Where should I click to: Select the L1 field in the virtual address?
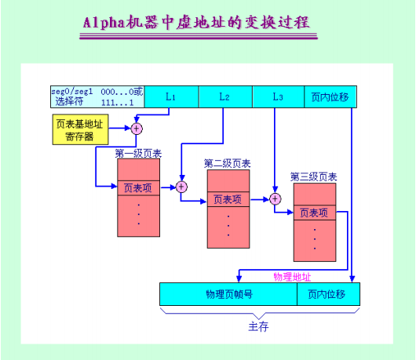pos(170,96)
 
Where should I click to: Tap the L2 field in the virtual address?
pos(224,96)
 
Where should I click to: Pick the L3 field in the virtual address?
pos(277,96)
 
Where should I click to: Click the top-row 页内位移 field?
pos(330,96)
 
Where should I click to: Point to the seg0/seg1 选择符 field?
pos(96,96)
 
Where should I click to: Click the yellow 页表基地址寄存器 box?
pos(80,129)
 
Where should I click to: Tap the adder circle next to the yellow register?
pos(137,128)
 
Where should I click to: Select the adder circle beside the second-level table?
pos(181,187)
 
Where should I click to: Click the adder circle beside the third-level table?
pos(276,199)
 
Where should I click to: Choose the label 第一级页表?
pos(138,153)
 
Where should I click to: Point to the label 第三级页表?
pos(314,177)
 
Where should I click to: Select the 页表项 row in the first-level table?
pos(138,187)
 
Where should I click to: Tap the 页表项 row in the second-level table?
pos(228,199)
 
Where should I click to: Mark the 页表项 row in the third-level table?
pos(314,213)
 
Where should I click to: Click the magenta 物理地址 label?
pos(292,277)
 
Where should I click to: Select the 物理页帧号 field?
pos(228,294)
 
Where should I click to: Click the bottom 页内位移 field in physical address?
pos(327,294)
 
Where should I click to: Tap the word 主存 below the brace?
pos(259,327)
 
